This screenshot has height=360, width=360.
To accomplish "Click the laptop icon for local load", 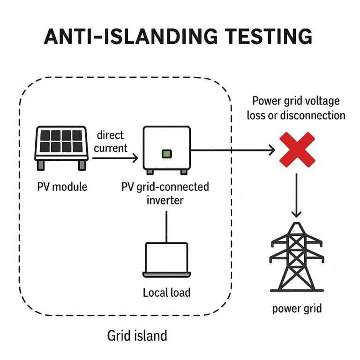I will (166, 259).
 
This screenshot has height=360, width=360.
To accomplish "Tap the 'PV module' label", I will (62, 187).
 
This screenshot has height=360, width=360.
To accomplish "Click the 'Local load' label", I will (166, 292).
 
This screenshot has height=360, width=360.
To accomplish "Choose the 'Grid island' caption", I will (137, 336).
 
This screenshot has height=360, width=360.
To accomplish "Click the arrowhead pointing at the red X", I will (270, 150).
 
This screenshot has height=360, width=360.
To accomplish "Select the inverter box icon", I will (167, 149).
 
